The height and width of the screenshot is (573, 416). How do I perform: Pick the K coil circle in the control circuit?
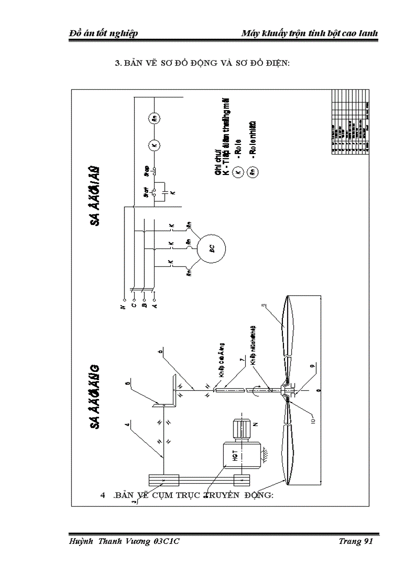tap(155, 145)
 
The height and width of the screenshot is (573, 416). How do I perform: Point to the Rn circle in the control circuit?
tap(154, 118)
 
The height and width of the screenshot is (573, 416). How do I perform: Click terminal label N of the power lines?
tap(123, 306)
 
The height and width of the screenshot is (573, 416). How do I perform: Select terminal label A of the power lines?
tap(155, 306)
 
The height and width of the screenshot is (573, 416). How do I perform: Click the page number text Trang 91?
tap(356, 542)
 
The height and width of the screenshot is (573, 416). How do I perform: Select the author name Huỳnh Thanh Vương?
tap(110, 542)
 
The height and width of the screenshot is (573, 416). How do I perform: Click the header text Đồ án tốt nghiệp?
tap(104, 33)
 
